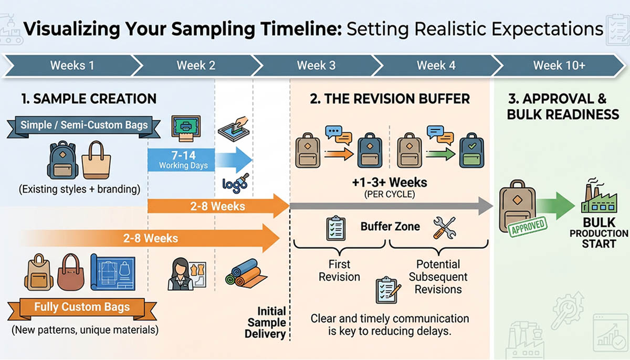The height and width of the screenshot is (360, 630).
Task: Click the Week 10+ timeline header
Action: pos(559,66)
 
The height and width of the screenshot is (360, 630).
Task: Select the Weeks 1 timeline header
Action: pos(72,66)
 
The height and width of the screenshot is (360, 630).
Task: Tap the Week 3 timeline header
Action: pos(316,66)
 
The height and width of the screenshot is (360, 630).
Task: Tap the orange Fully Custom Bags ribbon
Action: pos(81,307)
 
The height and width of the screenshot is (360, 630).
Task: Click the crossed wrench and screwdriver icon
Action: pos(444,227)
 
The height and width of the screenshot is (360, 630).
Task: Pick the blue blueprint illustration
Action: pos(113,272)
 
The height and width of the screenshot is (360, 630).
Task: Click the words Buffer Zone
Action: pos(390,227)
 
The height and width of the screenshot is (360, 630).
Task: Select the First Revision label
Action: pos(339,270)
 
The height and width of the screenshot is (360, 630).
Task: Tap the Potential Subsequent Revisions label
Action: pos(438,277)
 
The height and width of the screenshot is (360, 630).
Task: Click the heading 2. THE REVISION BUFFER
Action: pos(390,99)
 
